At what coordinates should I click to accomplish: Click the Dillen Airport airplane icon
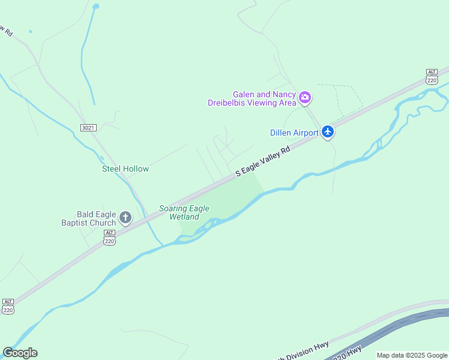pyautogui.click(x=327, y=131)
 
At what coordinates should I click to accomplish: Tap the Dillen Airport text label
pyautogui.click(x=294, y=133)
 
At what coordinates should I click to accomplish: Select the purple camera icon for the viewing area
pyautogui.click(x=305, y=97)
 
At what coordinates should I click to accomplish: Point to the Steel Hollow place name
pyautogui.click(x=125, y=169)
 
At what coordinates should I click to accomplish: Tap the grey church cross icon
pyautogui.click(x=125, y=217)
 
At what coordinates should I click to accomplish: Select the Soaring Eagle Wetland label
pyautogui.click(x=184, y=212)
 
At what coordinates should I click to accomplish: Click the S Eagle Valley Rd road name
pyautogui.click(x=263, y=161)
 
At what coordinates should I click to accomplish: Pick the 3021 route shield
pyautogui.click(x=88, y=128)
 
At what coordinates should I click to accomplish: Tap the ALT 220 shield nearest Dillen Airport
pyautogui.click(x=432, y=76)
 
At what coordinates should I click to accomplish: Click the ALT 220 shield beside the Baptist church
pyautogui.click(x=109, y=238)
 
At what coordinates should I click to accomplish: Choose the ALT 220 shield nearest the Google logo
pyautogui.click(x=8, y=307)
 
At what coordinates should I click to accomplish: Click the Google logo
pyautogui.click(x=20, y=353)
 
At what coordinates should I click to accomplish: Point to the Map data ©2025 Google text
pyautogui.click(x=412, y=355)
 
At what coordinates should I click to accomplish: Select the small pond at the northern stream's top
pyautogui.click(x=95, y=7)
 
